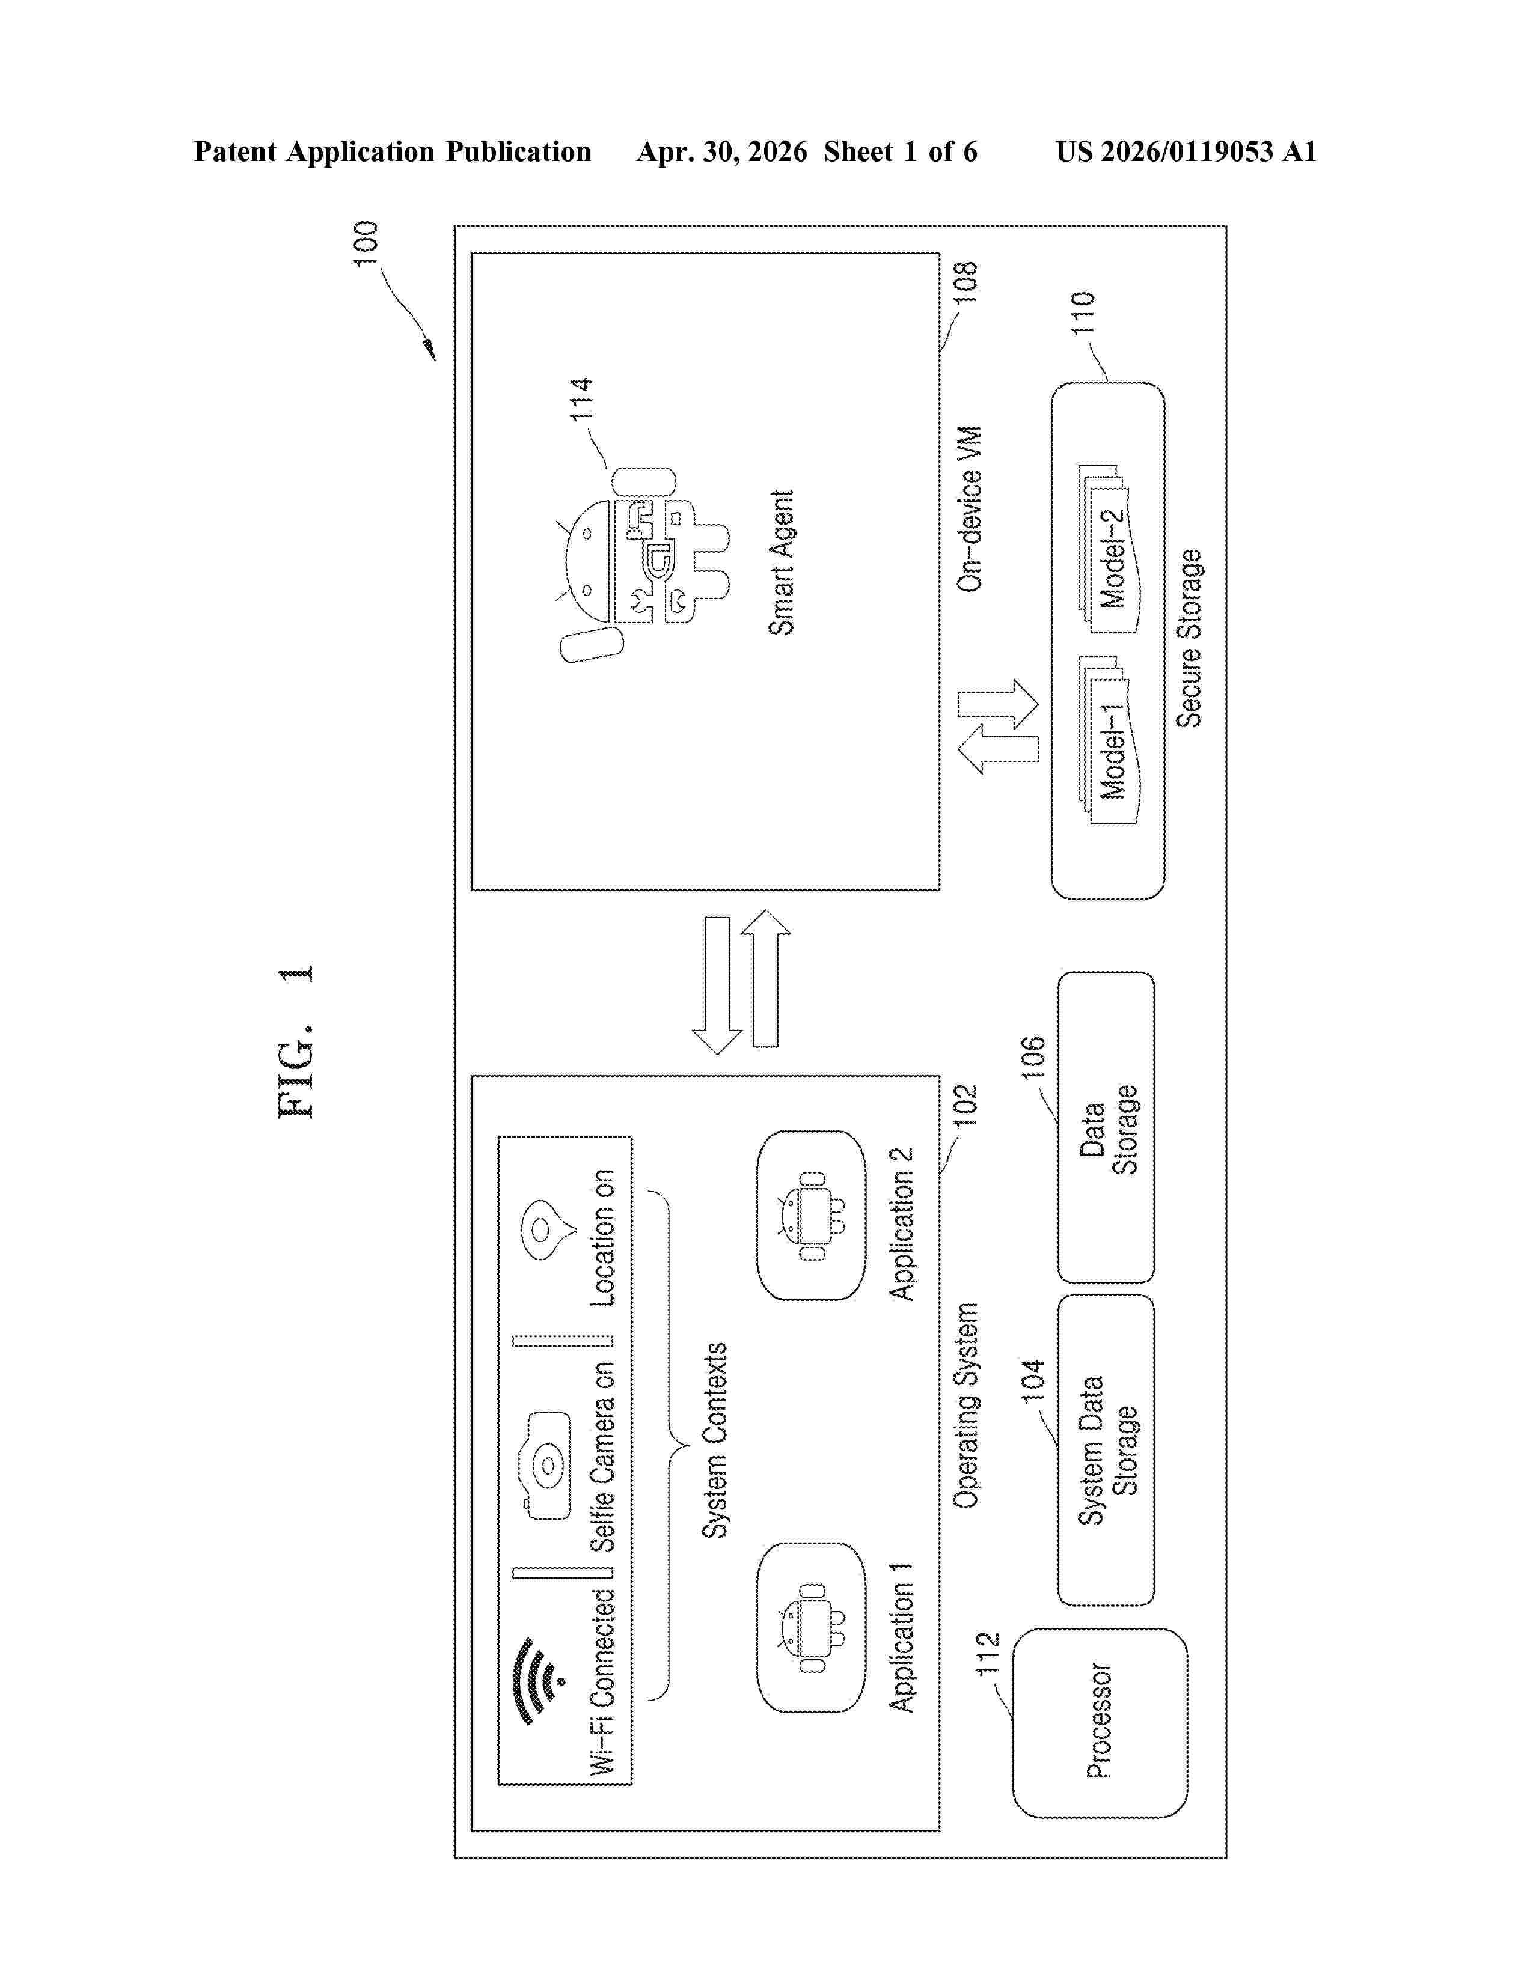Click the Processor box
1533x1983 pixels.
pyautogui.click(x=1100, y=1722)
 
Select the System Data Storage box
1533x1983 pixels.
pyautogui.click(x=1106, y=1450)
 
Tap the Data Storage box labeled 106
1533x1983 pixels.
pyautogui.click(x=1106, y=1127)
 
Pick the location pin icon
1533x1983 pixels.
pyautogui.click(x=548, y=1230)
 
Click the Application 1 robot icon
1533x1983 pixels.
pyautogui.click(x=811, y=1628)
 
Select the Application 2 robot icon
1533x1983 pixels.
pyautogui.click(x=811, y=1216)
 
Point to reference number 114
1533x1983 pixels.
pyautogui.click(x=581, y=398)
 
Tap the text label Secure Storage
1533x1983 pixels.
pyautogui.click(x=1189, y=638)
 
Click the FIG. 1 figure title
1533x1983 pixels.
pyautogui.click(x=296, y=1041)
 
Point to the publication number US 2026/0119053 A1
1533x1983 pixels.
pyautogui.click(x=1186, y=151)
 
